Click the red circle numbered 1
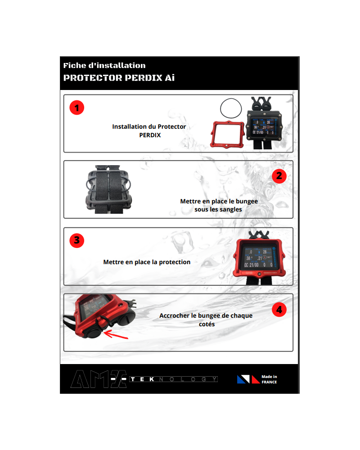(x=76, y=108)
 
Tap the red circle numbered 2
(x=279, y=176)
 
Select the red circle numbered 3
(x=76, y=240)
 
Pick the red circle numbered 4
(x=279, y=310)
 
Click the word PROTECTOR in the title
(x=93, y=78)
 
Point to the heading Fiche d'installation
(x=104, y=65)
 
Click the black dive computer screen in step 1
(x=263, y=126)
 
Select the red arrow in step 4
(x=116, y=335)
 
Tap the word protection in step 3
(x=175, y=262)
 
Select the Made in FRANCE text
(x=269, y=379)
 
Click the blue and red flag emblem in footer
(x=248, y=379)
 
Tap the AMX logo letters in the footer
(x=99, y=379)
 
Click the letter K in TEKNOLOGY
(x=152, y=379)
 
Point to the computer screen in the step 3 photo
(x=259, y=257)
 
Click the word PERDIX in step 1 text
(x=150, y=135)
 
